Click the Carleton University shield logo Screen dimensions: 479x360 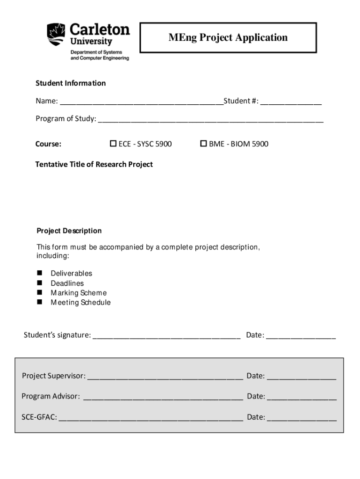(56, 35)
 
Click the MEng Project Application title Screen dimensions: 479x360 (228, 37)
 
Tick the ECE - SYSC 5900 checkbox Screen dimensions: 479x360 (113, 144)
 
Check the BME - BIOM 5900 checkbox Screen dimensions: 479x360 (203, 144)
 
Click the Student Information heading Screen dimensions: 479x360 (71, 83)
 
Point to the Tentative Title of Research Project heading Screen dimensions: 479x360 (94, 164)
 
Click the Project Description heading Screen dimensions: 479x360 (69, 231)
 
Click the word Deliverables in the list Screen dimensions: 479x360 (72, 273)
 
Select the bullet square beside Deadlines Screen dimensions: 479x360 (39, 283)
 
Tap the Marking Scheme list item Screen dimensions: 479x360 (79, 293)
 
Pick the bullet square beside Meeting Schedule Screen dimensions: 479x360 (39, 302)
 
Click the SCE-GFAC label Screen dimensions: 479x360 (39, 417)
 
